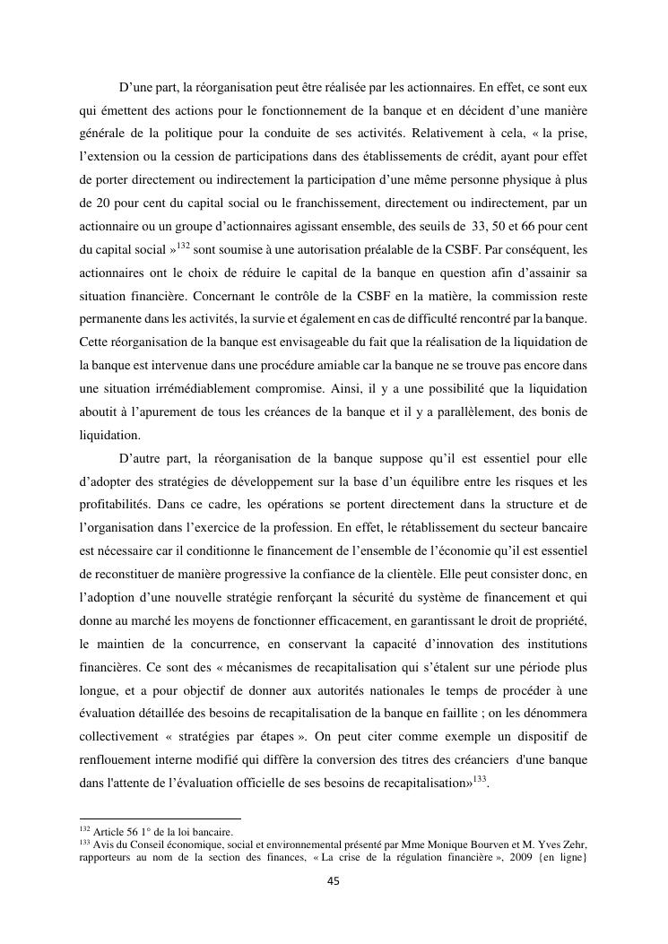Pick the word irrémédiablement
tap(178, 389)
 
